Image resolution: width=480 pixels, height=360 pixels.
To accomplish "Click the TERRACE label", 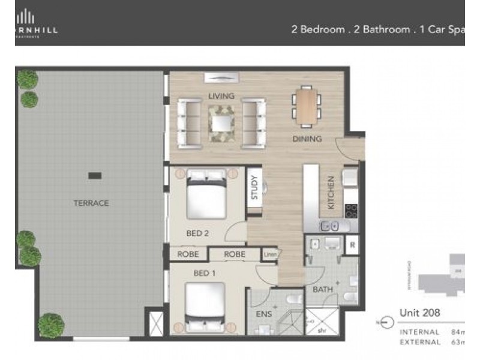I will tap(91, 203).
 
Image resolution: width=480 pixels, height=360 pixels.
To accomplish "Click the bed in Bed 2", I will tap(206, 196).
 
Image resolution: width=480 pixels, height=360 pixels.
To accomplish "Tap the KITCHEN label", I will tap(331, 193).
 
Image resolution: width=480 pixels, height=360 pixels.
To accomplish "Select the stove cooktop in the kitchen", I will tap(351, 210).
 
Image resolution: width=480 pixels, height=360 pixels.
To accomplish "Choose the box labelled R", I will tap(352, 245).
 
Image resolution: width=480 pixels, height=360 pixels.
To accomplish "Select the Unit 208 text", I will tap(420, 313).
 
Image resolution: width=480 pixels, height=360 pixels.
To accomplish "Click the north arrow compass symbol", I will tap(386, 322).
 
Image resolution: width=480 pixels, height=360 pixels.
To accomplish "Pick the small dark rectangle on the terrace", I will tap(94, 175).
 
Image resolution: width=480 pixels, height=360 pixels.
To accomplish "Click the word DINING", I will tap(307, 139).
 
